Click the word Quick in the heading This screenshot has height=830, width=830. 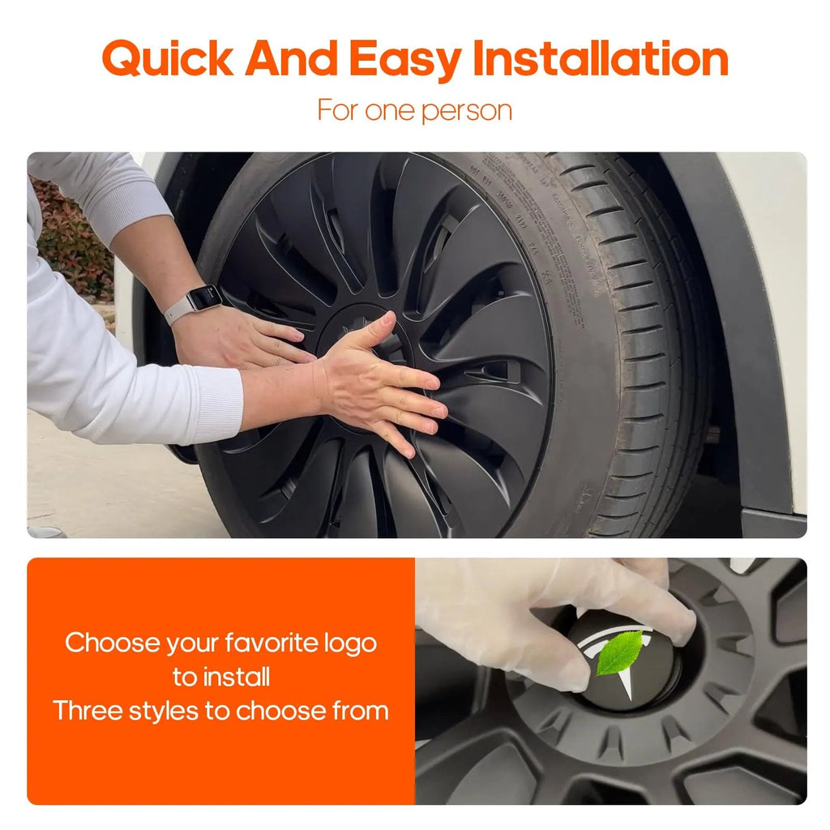point(168,58)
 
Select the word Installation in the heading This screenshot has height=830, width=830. point(601,58)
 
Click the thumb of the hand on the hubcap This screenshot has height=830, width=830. point(370,328)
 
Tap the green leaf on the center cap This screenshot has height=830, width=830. point(619,654)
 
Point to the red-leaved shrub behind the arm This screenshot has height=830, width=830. point(74,238)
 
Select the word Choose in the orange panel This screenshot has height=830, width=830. point(112,643)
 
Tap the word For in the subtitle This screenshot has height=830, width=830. point(338,110)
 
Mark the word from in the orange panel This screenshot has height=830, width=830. point(361,710)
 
